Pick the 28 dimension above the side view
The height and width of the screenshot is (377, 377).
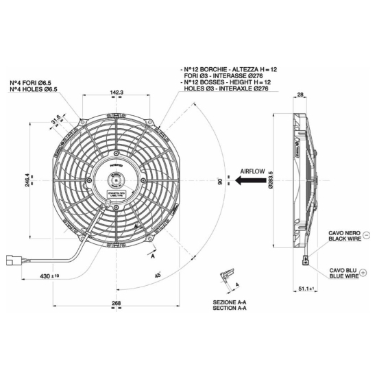pos(300,95)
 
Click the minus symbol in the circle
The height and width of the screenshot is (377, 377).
pos(365,234)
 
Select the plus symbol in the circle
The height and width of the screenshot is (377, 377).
pos(364,273)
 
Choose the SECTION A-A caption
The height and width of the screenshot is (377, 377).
pos(230,308)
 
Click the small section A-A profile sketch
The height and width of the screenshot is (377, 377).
pos(225,277)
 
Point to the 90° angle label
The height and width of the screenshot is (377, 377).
pos(219,182)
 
